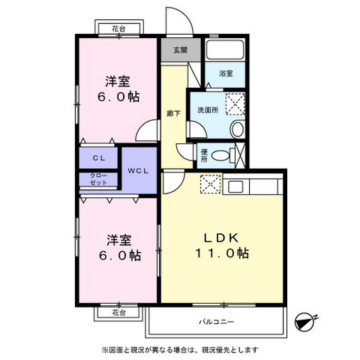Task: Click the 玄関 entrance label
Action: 180,50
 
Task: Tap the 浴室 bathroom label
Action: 226,73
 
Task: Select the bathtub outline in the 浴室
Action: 225,51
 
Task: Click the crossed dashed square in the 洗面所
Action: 235,103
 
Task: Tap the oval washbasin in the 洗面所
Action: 237,128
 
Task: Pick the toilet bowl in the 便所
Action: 220,156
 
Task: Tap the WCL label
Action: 138,171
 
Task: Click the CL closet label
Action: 98,159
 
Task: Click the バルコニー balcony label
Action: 217,322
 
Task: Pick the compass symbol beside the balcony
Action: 304,321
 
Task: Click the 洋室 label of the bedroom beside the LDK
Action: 118,239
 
